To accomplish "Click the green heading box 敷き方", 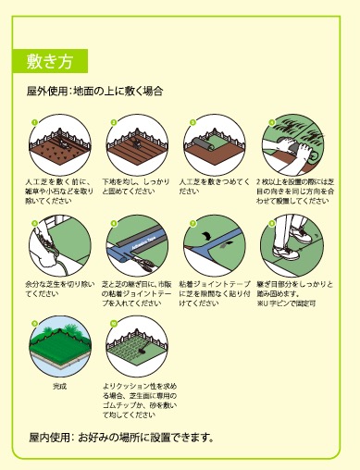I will point(51,62).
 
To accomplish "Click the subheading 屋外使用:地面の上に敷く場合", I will point(96,93).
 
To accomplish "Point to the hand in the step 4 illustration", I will point(279,146).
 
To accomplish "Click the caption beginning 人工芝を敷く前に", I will point(57,192).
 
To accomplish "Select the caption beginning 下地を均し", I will point(135,187).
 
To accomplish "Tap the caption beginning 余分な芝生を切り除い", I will point(57,288).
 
